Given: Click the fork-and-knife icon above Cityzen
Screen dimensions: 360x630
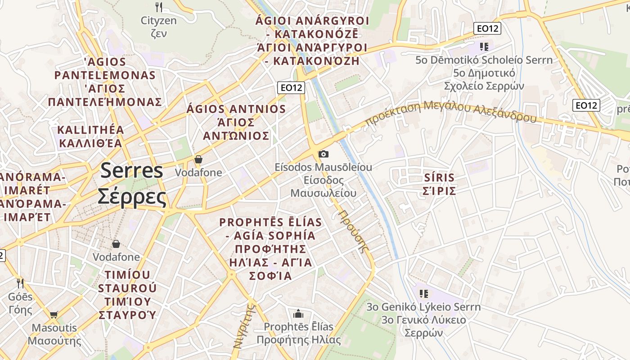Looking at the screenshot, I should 158,7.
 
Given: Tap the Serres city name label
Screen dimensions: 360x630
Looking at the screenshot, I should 131,184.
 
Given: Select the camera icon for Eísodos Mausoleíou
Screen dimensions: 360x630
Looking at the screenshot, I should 323,154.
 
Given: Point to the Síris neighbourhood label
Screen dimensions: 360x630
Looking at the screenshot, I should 440,184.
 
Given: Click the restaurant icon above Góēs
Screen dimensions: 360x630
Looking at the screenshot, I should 20,283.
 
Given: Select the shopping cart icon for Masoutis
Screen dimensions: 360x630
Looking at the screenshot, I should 54,315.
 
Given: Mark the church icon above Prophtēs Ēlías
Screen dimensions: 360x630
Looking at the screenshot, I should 298,314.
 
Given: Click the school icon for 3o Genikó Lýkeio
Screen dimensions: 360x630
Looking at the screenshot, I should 423,294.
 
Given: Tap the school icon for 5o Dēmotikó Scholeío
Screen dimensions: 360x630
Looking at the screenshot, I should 484,46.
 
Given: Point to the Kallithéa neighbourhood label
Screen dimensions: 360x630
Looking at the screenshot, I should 90,136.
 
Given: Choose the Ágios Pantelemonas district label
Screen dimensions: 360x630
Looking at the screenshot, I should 105,81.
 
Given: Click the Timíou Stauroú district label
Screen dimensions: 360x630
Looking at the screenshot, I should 127,294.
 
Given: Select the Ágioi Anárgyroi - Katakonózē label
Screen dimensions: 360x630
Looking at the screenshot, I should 312,40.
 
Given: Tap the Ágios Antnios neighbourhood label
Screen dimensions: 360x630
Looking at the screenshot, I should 236,122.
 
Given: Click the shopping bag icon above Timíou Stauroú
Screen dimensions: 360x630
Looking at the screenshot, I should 116,244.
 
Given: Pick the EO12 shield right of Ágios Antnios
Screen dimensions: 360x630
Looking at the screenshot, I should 292,88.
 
